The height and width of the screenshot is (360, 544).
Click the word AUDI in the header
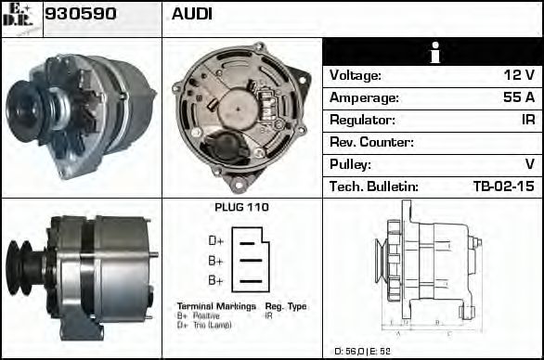pos(191,14)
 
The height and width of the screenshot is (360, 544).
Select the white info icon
pos(432,53)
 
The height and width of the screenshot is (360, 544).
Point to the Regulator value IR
pos(525,120)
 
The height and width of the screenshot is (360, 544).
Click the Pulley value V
pos(529,164)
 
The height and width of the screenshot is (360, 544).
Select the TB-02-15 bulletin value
pos(502,186)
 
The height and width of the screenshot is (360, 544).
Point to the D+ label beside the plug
pos(215,240)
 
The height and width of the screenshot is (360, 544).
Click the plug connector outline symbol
pos(253,260)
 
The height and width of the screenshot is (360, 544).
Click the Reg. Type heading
pos(285,305)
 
